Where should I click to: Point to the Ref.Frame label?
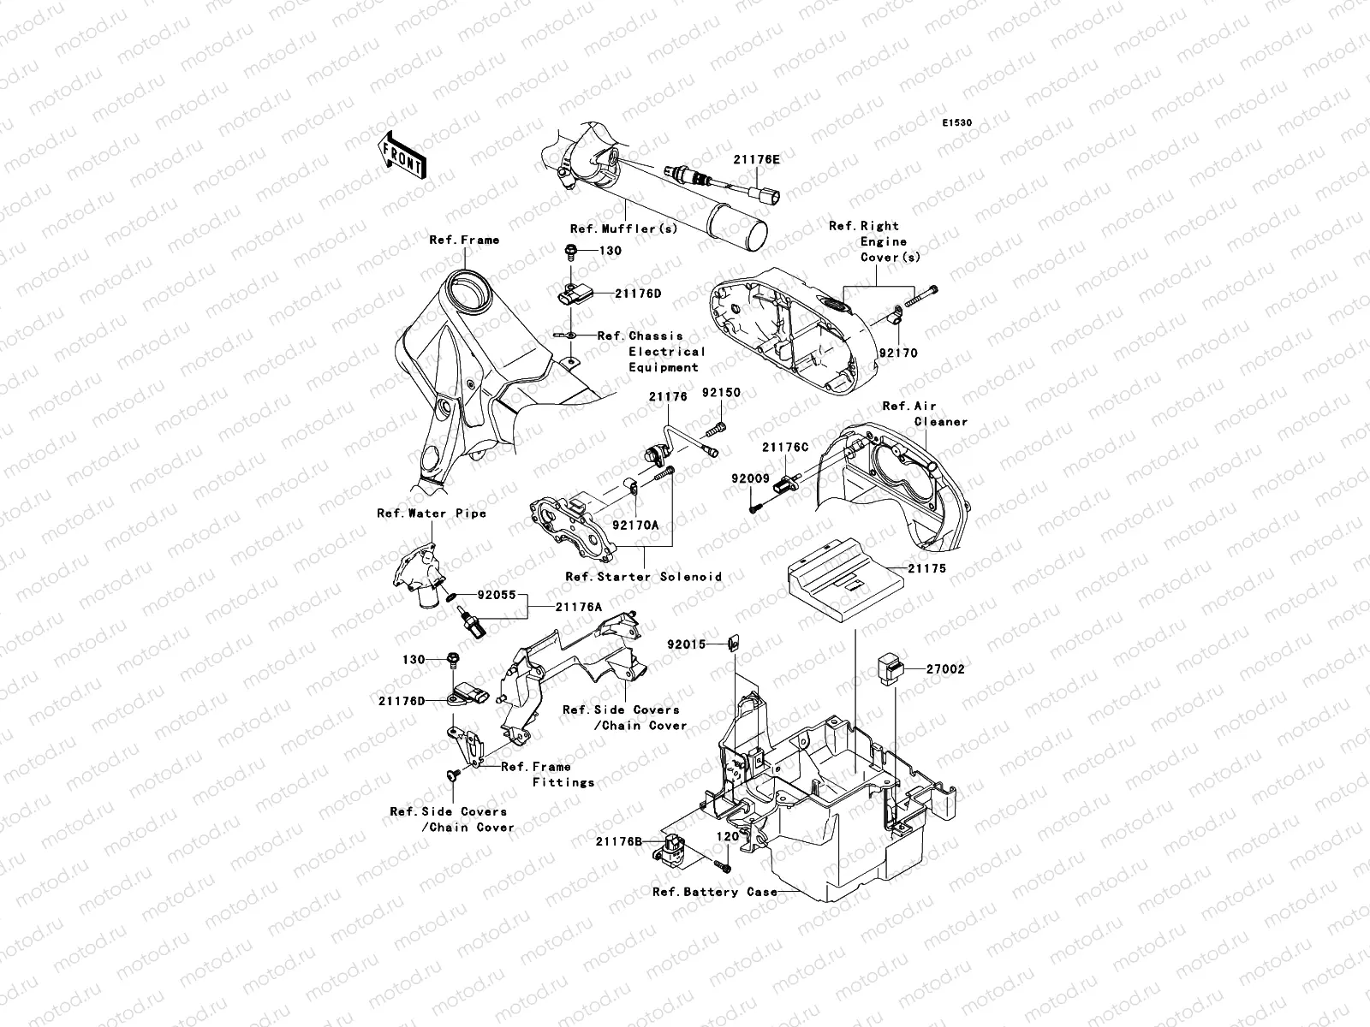click(464, 240)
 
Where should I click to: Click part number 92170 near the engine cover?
click(898, 352)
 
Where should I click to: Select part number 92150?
click(721, 393)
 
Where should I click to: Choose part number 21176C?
click(785, 447)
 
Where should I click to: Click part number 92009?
click(750, 479)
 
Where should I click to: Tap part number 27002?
click(944, 669)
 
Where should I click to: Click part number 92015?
click(689, 644)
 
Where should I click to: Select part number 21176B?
click(620, 841)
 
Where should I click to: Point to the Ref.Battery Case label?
click(715, 892)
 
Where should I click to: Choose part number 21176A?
click(578, 606)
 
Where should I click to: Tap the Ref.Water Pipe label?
click(432, 513)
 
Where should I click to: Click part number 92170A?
click(635, 525)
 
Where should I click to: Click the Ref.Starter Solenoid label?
click(643, 576)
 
